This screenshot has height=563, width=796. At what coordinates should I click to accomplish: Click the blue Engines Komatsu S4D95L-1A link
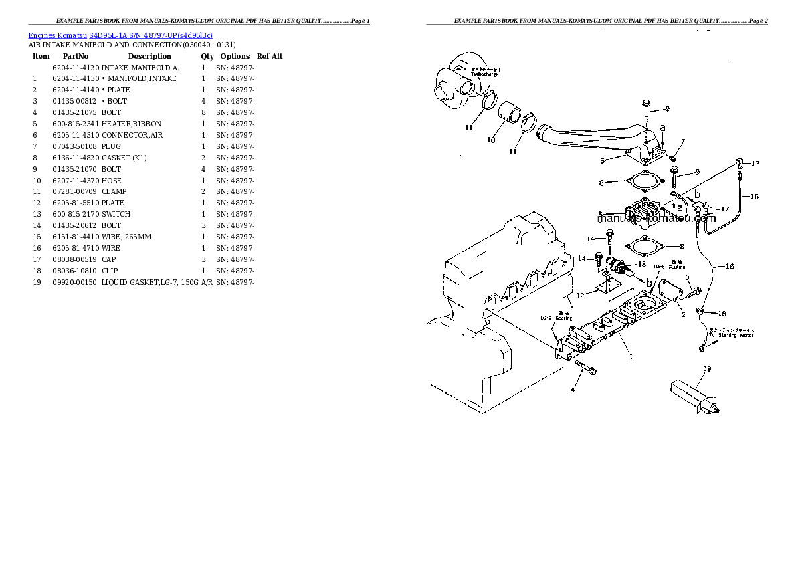[x=120, y=35]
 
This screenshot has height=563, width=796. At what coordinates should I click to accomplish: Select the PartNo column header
[x=76, y=56]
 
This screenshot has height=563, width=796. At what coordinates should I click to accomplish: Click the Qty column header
[x=207, y=56]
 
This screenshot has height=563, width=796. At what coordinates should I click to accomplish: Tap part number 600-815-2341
[x=74, y=124]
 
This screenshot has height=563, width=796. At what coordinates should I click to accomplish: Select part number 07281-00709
[x=74, y=191]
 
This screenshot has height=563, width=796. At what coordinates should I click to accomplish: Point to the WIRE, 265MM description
[x=126, y=237]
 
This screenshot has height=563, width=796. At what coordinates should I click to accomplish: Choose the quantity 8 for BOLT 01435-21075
[x=203, y=112]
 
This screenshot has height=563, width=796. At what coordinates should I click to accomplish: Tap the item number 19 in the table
[x=37, y=281]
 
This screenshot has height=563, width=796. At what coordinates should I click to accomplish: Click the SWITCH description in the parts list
[x=116, y=214]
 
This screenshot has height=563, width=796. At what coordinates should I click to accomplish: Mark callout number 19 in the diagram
[x=706, y=368]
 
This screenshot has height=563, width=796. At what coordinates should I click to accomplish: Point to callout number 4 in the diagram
[x=573, y=390]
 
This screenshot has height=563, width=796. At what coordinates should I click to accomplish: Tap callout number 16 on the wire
[x=729, y=266]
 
